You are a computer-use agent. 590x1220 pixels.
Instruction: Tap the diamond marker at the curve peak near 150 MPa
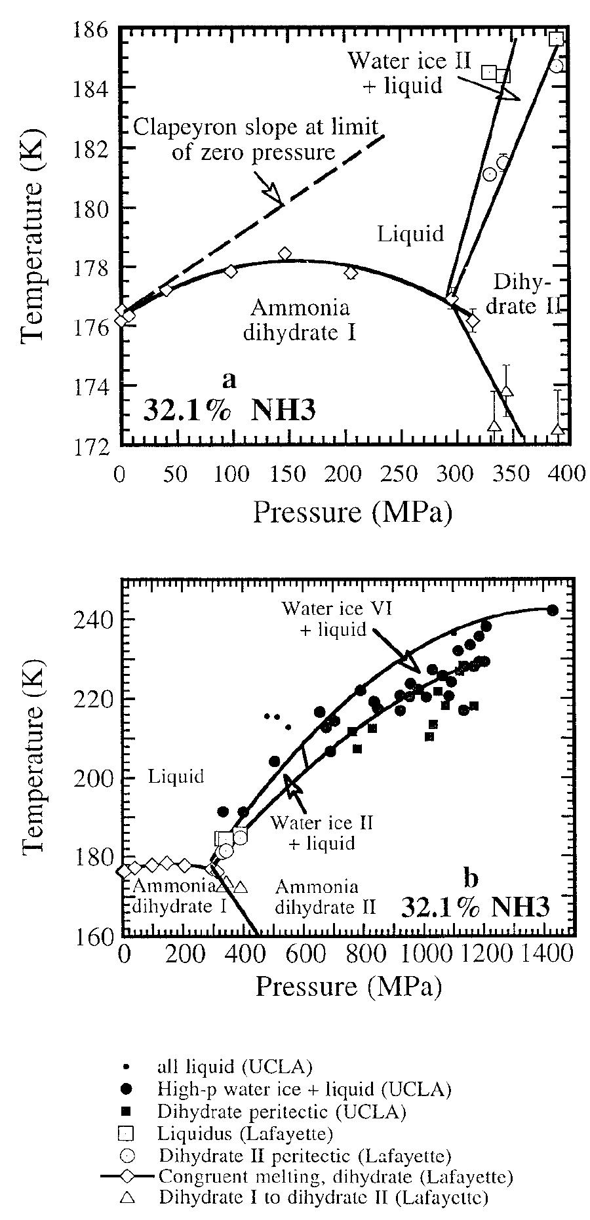click(x=285, y=254)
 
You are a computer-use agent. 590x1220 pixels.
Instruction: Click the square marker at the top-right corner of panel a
click(x=556, y=38)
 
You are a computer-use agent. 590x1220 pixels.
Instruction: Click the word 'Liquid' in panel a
click(x=410, y=233)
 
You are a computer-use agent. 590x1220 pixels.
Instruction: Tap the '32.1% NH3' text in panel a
click(x=229, y=410)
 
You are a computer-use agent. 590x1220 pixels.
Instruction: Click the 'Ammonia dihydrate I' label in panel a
click(x=300, y=319)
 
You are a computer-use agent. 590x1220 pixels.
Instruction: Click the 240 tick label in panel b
click(x=94, y=619)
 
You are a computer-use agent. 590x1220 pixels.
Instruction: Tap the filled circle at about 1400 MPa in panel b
click(x=552, y=610)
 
